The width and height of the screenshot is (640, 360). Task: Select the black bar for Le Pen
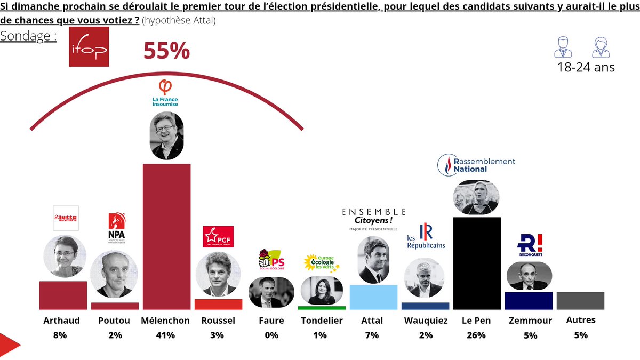(x=477, y=263)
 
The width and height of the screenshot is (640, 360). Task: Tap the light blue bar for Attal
(x=373, y=297)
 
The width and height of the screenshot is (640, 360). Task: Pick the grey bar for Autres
(x=580, y=301)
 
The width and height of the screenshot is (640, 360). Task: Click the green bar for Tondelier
(x=322, y=308)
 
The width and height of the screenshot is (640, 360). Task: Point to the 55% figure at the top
(x=166, y=52)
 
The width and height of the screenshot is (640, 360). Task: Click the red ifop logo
(x=89, y=47)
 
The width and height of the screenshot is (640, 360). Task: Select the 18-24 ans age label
(x=586, y=68)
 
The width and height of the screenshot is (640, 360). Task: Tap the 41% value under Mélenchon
(x=165, y=335)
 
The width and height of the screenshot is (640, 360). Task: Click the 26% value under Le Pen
(x=476, y=335)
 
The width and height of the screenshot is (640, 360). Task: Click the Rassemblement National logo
(x=476, y=165)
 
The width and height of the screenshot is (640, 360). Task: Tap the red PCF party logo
(x=218, y=236)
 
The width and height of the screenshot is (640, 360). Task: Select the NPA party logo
(x=116, y=227)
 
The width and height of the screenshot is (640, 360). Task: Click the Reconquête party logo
(x=529, y=245)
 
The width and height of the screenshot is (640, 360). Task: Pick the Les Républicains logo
(x=425, y=237)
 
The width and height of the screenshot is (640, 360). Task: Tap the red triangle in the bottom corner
(x=8, y=346)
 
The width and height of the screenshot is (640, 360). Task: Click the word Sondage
(x=28, y=36)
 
